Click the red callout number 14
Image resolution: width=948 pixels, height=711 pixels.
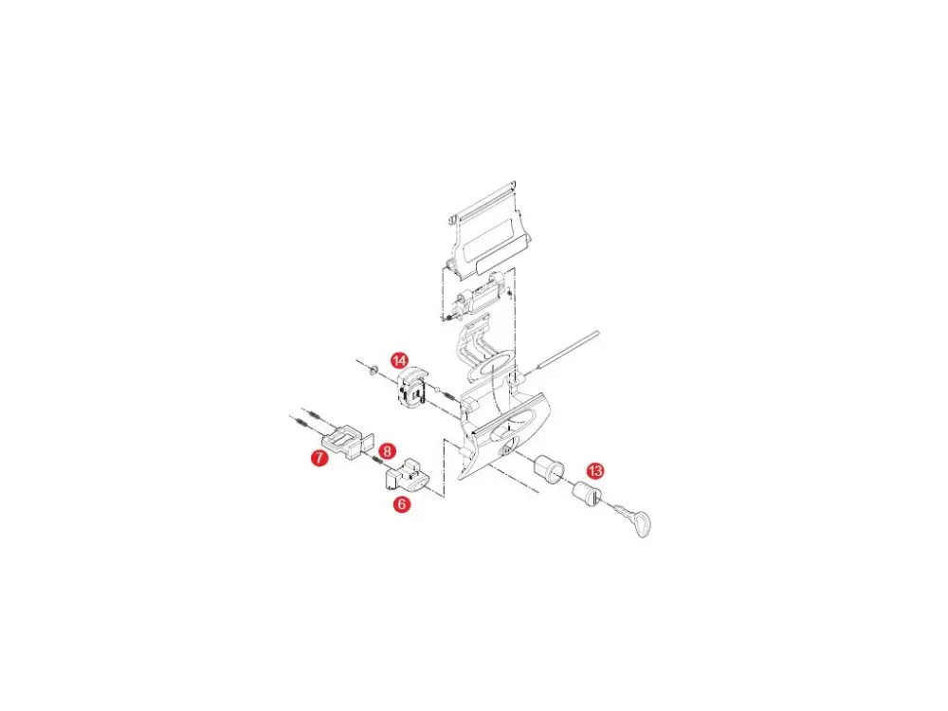(x=399, y=361)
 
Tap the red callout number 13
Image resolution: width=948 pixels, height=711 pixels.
(x=595, y=471)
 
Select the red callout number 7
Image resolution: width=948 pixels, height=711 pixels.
(x=319, y=458)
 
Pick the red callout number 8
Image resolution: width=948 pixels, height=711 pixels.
(x=387, y=450)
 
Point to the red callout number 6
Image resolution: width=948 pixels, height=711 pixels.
(x=401, y=503)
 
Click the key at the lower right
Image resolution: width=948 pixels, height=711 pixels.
(x=631, y=519)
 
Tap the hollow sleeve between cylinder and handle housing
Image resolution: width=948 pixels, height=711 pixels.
(x=547, y=470)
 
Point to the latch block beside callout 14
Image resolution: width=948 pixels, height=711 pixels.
(x=412, y=387)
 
